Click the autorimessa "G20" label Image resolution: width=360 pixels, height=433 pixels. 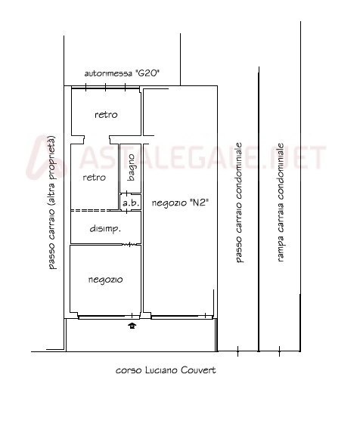(122, 73)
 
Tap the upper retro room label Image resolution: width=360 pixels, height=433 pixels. (106, 115)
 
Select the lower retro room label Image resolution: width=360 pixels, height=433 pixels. (95, 178)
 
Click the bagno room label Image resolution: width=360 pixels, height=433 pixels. (132, 167)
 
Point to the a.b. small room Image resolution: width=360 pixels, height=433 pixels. (131, 203)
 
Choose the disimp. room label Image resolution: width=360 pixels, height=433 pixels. (105, 229)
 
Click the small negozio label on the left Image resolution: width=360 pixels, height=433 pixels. (106, 280)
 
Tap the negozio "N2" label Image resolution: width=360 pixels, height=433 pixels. (180, 203)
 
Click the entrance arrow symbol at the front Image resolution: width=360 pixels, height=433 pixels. (132, 326)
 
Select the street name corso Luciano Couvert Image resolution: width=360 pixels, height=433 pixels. (166, 370)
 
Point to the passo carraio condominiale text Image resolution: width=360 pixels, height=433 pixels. (238, 203)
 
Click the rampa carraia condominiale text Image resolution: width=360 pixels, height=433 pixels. (280, 202)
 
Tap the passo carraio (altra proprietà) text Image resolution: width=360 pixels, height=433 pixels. (51, 203)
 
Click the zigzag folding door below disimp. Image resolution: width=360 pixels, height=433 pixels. (129, 244)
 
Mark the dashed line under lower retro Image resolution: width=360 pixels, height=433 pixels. (90, 210)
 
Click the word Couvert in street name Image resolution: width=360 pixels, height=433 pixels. (198, 370)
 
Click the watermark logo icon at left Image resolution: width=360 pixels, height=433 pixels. (45, 157)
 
